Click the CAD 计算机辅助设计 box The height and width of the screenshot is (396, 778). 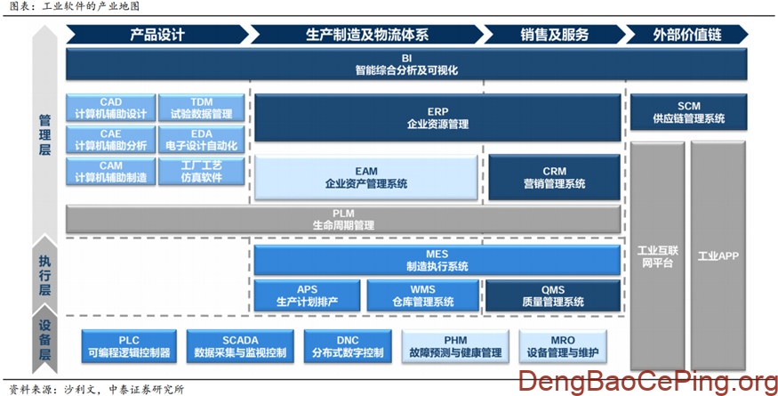pos(110,108)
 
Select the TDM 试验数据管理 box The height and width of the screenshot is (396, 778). pos(200,108)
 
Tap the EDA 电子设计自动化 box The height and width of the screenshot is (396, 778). pos(200,140)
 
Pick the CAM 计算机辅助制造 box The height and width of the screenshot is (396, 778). pos(110,172)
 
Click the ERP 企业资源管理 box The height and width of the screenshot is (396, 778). pos(437,118)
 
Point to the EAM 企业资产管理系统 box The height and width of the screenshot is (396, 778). pos(366,177)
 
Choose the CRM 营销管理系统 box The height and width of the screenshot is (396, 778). pos(554,177)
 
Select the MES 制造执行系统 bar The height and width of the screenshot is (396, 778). pos(437,260)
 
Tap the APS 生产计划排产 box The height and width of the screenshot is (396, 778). pos(307,295)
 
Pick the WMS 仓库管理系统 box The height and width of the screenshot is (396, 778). pos(422,295)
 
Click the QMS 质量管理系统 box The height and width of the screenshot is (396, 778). pos(552,295)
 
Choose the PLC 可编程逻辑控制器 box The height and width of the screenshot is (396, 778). pos(129,347)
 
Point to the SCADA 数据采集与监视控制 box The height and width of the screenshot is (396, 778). pos(240,347)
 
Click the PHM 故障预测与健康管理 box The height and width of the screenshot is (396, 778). pos(455,347)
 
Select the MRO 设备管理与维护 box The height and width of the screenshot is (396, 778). pos(562,347)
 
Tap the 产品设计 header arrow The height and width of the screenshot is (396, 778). pos(157,35)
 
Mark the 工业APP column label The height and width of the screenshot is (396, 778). pos(718,256)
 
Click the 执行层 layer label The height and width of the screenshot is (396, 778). pos(44,275)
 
